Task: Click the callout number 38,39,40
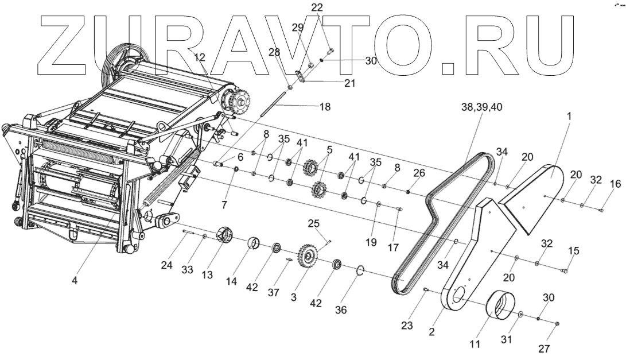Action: (x=481, y=107)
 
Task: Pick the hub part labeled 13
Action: (x=225, y=236)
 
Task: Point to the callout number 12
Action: (x=200, y=57)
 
